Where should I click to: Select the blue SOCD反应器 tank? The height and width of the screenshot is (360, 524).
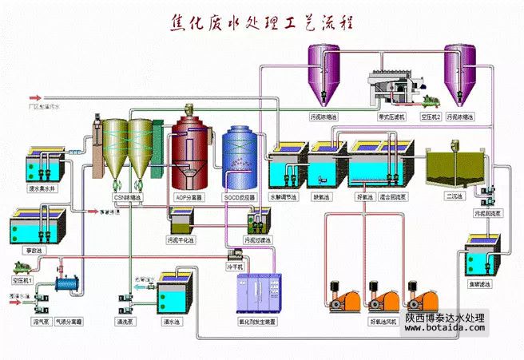click(x=239, y=156)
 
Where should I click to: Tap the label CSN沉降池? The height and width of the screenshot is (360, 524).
click(x=127, y=196)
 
